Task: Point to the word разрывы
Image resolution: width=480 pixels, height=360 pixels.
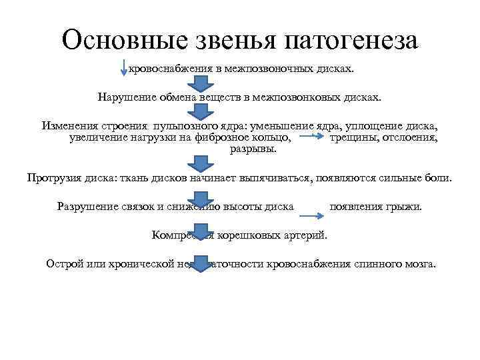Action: pyautogui.click(x=253, y=149)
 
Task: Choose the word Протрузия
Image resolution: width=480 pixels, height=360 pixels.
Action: pyautogui.click(x=55, y=178)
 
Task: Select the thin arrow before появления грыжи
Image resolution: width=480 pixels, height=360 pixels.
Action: pyautogui.click(x=311, y=215)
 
